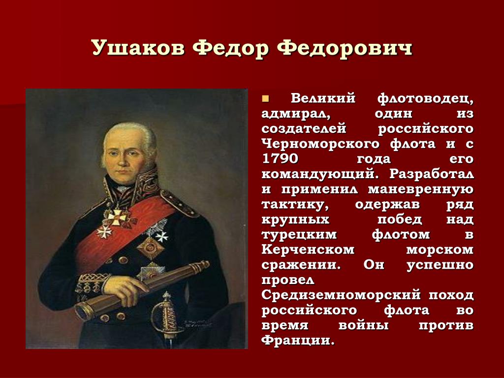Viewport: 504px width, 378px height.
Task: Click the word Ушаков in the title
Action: [x=138, y=48]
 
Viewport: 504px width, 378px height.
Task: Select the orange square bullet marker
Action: [x=265, y=98]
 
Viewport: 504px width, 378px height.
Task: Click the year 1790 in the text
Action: [x=280, y=159]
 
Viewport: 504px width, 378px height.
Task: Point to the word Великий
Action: [x=323, y=98]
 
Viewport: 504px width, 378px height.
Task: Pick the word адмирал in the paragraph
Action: [x=296, y=114]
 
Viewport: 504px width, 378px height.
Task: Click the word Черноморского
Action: [x=320, y=144]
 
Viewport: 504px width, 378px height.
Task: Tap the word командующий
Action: [x=318, y=174]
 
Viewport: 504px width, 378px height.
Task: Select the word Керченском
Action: [x=308, y=250]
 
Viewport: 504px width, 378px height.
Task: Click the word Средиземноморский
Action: [x=341, y=295]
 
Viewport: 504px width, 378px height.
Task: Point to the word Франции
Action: [x=298, y=341]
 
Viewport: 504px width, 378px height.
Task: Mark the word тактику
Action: [x=295, y=205]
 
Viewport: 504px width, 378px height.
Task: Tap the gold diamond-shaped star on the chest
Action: [x=151, y=248]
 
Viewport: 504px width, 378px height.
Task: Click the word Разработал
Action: [x=431, y=174]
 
